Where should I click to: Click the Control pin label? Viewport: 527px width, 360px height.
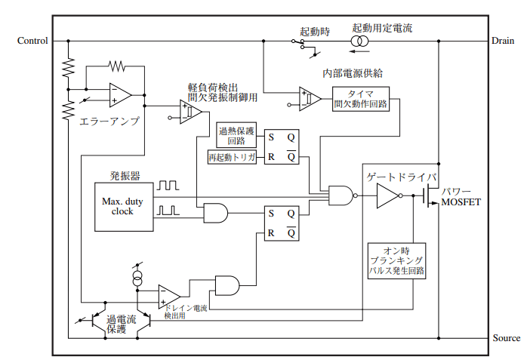(x=32, y=41)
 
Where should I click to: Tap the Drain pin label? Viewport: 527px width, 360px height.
(x=503, y=41)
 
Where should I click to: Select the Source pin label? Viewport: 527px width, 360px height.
(x=506, y=338)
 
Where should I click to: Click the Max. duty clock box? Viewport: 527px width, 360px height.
(x=124, y=207)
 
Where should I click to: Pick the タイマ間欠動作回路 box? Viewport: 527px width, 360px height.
(x=361, y=99)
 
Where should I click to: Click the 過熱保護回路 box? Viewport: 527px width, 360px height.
(x=236, y=135)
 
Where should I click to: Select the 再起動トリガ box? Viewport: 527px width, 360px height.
(x=232, y=157)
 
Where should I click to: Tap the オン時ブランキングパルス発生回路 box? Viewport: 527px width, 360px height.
(x=396, y=261)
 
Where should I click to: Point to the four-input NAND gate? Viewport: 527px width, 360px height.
(x=342, y=195)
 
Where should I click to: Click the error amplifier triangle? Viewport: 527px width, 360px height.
(x=120, y=95)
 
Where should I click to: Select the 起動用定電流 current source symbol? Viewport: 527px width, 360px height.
(x=359, y=42)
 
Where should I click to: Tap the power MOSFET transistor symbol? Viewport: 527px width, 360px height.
(x=430, y=195)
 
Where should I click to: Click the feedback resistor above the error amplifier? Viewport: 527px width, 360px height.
(x=116, y=66)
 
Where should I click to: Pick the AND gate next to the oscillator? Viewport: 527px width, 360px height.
(x=216, y=213)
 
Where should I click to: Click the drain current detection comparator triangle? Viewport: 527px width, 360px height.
(x=169, y=297)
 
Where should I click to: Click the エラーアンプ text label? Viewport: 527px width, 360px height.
(x=109, y=122)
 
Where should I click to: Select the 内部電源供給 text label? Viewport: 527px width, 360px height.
(x=353, y=73)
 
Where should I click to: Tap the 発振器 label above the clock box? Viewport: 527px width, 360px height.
(x=125, y=176)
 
